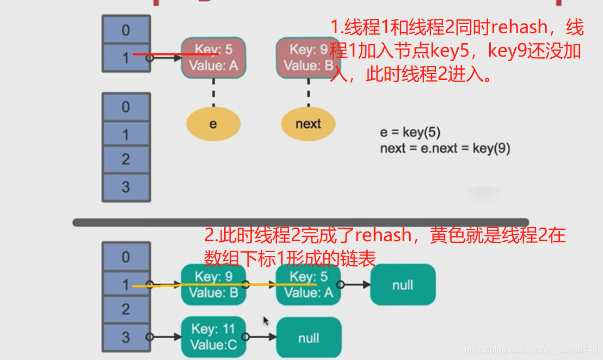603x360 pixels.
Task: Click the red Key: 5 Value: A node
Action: coord(213,57)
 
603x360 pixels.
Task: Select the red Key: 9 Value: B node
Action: coord(305,57)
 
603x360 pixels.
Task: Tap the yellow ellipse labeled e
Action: coord(213,124)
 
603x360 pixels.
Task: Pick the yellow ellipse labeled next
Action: coord(308,124)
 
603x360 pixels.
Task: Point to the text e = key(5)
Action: coord(410,132)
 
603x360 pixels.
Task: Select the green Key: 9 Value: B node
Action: coord(213,284)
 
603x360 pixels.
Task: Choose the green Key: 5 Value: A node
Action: coord(308,284)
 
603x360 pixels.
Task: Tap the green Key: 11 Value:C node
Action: coord(213,337)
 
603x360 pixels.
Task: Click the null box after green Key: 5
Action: coord(403,284)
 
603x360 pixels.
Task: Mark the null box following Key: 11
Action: coord(309,338)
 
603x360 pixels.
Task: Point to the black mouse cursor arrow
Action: coord(266,321)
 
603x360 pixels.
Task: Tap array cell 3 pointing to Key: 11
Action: coord(126,337)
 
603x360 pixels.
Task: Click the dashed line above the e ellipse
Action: coord(213,91)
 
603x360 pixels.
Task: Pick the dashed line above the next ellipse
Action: coord(309,91)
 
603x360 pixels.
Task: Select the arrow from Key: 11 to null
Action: coord(260,338)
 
